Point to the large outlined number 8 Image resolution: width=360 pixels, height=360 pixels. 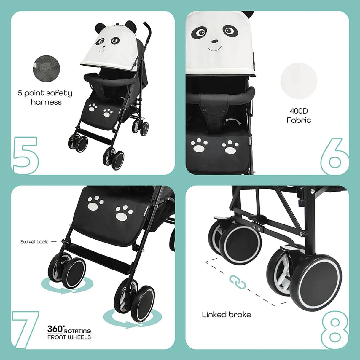click(x=334, y=329)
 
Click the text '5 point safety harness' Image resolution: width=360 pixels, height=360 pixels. click(x=45, y=98)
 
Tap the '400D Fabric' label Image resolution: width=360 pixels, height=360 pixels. click(x=299, y=115)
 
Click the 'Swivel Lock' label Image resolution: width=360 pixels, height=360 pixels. click(x=34, y=242)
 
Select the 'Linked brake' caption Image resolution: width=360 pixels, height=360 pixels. click(x=227, y=314)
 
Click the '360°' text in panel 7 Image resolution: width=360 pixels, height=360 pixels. click(x=55, y=329)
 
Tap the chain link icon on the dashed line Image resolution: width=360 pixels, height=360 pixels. click(x=238, y=282)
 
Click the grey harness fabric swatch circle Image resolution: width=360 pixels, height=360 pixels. click(x=46, y=68)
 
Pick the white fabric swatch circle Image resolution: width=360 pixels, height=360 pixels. click(x=299, y=80)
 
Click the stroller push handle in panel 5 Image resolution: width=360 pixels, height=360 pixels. click(x=148, y=30)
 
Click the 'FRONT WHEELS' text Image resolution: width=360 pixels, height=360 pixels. click(x=69, y=337)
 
